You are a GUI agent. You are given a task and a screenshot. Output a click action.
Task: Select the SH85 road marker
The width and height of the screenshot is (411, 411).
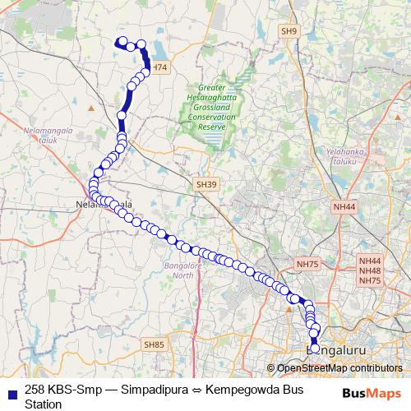coord(154,344)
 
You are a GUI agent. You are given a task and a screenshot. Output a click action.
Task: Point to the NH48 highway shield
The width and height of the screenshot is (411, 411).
coord(370,270)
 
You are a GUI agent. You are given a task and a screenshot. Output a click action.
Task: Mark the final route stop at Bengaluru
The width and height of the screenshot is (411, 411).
coord(315,349)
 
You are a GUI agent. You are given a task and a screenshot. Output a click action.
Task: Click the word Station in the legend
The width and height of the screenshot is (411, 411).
coord(44,404)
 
